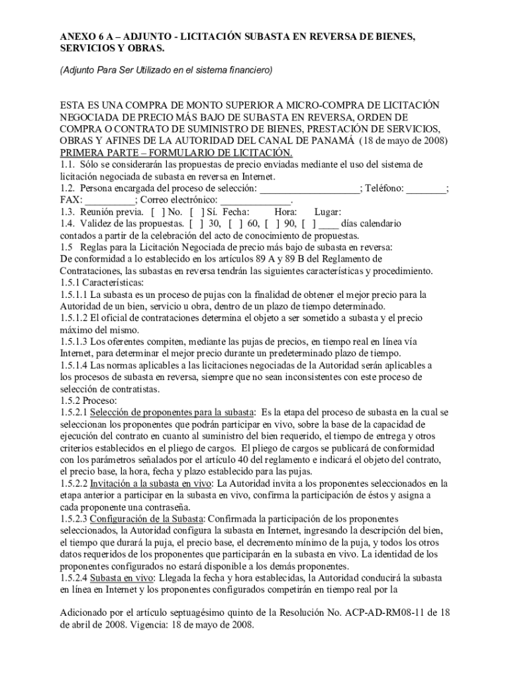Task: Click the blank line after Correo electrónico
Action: (256, 200)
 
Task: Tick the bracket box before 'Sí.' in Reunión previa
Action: (196, 212)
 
